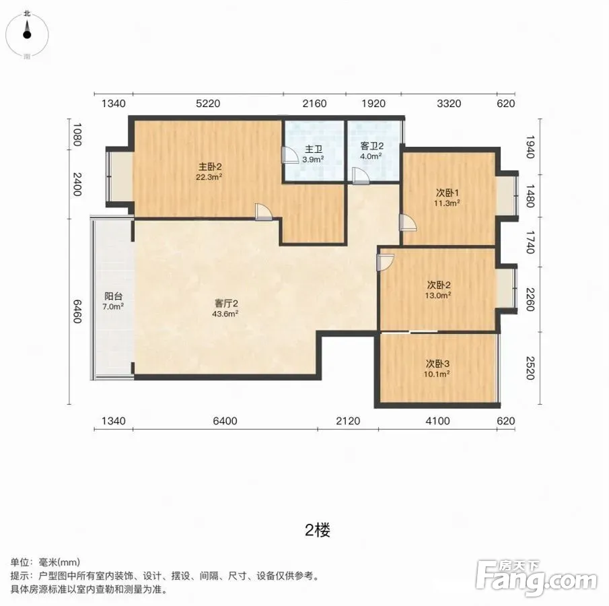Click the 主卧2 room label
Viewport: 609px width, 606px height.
click(x=210, y=166)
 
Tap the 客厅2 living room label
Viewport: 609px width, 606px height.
click(x=226, y=303)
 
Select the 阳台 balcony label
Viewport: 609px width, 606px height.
click(x=113, y=296)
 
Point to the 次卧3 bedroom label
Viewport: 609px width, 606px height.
click(x=437, y=364)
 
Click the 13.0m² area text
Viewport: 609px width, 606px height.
click(x=437, y=296)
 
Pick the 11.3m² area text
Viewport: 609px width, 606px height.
click(x=447, y=203)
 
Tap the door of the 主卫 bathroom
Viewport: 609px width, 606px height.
click(x=289, y=155)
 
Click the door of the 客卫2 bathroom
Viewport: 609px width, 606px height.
click(x=361, y=176)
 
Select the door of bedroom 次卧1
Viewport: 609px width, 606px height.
click(x=407, y=223)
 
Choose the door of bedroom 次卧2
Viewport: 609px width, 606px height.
click(x=386, y=263)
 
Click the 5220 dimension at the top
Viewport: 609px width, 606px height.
click(x=208, y=104)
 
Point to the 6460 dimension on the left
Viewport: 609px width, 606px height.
click(x=77, y=311)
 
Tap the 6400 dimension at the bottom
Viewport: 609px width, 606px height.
click(x=225, y=421)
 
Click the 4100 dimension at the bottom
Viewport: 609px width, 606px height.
click(x=437, y=421)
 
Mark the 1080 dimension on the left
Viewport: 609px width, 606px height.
click(x=77, y=135)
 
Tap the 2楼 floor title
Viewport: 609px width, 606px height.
click(x=318, y=530)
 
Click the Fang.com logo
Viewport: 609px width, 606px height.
click(x=536, y=578)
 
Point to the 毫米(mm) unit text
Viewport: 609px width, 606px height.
click(x=59, y=562)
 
